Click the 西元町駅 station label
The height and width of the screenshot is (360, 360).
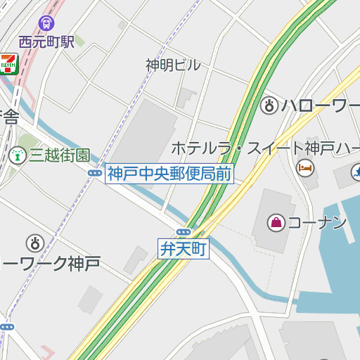coord(46,41)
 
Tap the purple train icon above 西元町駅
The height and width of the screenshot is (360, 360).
coord(46,23)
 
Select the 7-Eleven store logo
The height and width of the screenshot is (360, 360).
coord(8,63)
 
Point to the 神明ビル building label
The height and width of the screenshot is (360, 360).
coord(173,65)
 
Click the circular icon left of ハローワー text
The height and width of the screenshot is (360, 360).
coord(268,106)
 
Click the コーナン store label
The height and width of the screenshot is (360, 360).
coord(318,223)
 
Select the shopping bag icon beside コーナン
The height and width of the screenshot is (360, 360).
coord(276,223)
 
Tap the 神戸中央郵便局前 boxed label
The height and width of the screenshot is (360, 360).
coord(169,173)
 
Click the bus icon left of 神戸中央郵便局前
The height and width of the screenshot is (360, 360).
coord(95,173)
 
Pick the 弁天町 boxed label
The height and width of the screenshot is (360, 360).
coord(184,248)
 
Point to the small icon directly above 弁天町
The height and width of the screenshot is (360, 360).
coord(184,232)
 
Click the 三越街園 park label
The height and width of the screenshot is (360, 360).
coord(60,155)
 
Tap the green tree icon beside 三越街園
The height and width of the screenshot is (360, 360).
coord(17,155)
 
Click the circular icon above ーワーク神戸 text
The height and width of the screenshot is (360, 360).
coord(34,243)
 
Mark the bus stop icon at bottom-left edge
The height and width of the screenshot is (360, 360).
coord(6,327)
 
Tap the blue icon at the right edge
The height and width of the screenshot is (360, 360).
coord(356,170)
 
